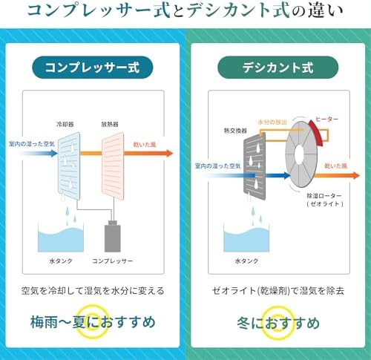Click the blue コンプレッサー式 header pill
[93, 68]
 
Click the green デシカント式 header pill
[278, 68]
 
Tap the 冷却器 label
[65, 124]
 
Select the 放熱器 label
[110, 124]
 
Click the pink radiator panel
[113, 166]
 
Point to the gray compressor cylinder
[113, 236]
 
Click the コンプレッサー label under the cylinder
[113, 261]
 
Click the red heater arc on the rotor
[318, 132]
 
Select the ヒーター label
[327, 120]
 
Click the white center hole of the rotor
[299, 154]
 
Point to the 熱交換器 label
[235, 131]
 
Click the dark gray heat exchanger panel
[255, 166]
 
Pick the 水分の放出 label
[272, 122]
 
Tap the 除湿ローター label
[324, 196]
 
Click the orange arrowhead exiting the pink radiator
[170, 154]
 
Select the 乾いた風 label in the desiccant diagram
[336, 166]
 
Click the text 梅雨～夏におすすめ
[93, 322]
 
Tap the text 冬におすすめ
[278, 323]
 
